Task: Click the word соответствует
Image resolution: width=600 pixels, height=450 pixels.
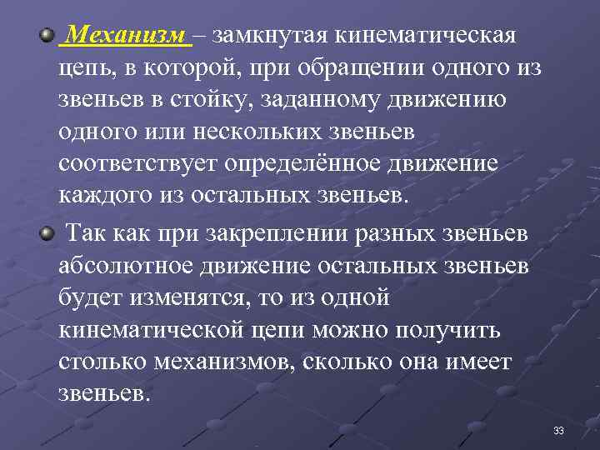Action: (137, 165)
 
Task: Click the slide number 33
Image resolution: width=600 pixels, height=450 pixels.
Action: (558, 431)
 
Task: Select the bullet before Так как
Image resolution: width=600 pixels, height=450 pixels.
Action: (47, 234)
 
